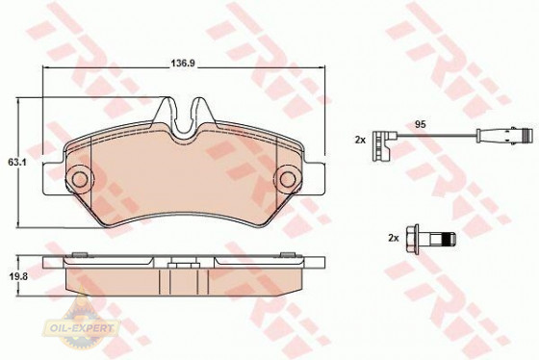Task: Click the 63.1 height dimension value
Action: pyautogui.click(x=17, y=163)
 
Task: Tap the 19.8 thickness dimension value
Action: pyautogui.click(x=17, y=275)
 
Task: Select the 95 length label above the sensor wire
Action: pyautogui.click(x=420, y=124)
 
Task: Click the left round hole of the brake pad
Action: pyautogui.click(x=80, y=179)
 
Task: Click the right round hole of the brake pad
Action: pyautogui.click(x=288, y=179)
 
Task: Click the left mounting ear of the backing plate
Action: pyautogui.click(x=53, y=179)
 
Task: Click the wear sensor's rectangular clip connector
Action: pyautogui.click(x=381, y=145)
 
